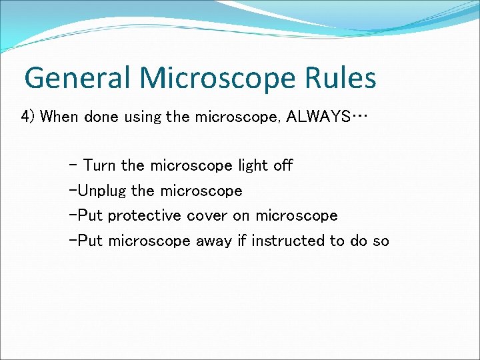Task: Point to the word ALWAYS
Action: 318,117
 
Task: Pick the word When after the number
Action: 59,117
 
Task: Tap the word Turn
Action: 99,165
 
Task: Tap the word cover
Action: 207,216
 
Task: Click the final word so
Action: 381,241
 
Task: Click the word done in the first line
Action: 99,117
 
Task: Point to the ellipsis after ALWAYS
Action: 359,117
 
